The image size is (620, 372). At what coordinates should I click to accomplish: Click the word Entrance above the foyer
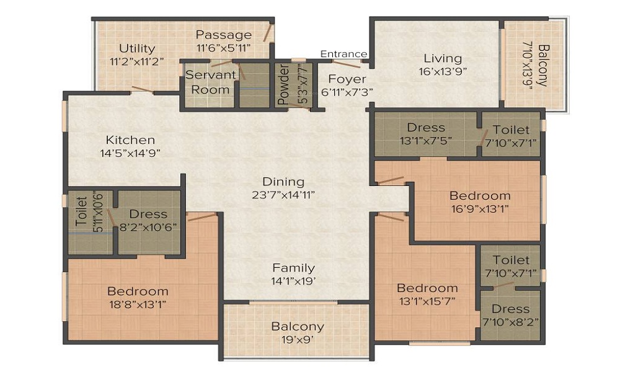click(x=343, y=55)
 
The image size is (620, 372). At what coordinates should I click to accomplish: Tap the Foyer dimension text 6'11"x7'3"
click(x=347, y=92)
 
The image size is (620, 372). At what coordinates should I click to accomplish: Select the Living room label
click(x=443, y=58)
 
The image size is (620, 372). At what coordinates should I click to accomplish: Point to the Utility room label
click(x=137, y=48)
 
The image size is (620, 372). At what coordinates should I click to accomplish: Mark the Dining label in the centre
click(x=283, y=182)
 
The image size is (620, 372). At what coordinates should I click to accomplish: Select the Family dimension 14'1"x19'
click(x=294, y=281)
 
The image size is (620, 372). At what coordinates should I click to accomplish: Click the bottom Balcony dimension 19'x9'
click(x=298, y=339)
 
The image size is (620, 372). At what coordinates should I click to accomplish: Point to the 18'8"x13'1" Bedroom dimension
click(x=137, y=304)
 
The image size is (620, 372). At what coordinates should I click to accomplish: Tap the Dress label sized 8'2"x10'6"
click(x=149, y=214)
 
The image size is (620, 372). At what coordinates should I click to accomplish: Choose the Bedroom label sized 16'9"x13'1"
click(x=480, y=196)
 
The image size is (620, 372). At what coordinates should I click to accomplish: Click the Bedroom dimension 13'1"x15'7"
click(x=427, y=301)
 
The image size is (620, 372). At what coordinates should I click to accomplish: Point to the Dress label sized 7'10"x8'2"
click(x=510, y=309)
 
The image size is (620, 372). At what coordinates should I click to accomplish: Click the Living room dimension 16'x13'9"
click(x=443, y=71)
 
